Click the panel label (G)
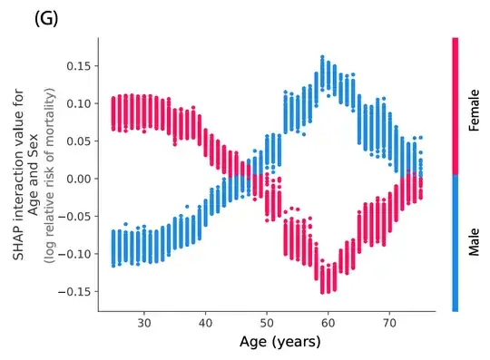pos(45,18)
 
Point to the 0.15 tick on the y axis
pos(75,66)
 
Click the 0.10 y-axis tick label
pos(75,103)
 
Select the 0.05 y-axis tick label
pos(75,141)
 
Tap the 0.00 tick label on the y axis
pos(75,179)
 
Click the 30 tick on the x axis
pos(143,322)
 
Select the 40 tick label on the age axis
pos(205,322)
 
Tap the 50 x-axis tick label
pos(267,322)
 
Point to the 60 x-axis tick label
pos(328,322)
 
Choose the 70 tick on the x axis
pos(390,322)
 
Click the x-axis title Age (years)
pos(279,342)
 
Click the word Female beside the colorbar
pos(474,107)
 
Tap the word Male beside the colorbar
pos(474,242)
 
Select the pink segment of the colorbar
pos(455,104)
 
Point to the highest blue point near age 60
pos(322,57)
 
